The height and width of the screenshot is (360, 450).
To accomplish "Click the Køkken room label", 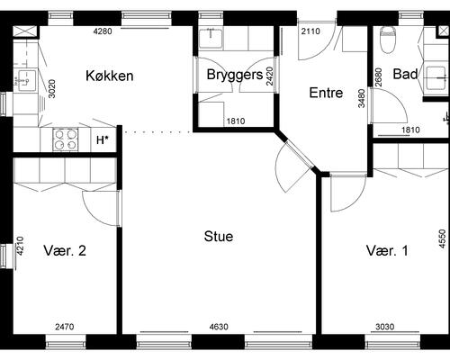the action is pyautogui.click(x=110, y=76).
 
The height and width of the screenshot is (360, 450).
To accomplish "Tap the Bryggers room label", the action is pyautogui.click(x=235, y=75).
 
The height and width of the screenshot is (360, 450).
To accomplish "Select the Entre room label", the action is pyautogui.click(x=326, y=93).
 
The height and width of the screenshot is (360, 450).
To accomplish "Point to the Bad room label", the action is pyautogui.click(x=405, y=74).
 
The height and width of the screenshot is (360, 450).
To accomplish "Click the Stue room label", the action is pyautogui.click(x=219, y=237).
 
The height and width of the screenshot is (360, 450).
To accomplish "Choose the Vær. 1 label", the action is pyautogui.click(x=387, y=250).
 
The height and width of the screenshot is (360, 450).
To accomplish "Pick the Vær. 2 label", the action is pyautogui.click(x=65, y=250).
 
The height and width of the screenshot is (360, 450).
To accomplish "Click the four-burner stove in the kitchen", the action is pyautogui.click(x=66, y=139).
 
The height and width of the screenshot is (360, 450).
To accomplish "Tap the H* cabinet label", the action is pyautogui.click(x=102, y=139).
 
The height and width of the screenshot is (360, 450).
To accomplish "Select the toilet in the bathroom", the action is pyautogui.click(x=388, y=40).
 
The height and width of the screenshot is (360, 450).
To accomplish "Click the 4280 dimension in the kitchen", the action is pyautogui.click(x=103, y=31).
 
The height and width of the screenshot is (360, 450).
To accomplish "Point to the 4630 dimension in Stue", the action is pyautogui.click(x=219, y=327).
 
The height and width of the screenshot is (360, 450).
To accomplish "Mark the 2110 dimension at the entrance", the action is pyautogui.click(x=310, y=31).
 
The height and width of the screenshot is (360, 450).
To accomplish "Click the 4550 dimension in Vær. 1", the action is pyautogui.click(x=442, y=238).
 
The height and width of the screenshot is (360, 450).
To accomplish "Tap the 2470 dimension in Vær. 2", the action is pyautogui.click(x=65, y=327).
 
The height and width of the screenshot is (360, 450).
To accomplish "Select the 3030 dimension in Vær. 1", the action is pyautogui.click(x=385, y=327).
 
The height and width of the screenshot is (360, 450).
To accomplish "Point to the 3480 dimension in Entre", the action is pyautogui.click(x=362, y=98).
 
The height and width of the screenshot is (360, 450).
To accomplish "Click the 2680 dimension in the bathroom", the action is pyautogui.click(x=379, y=77).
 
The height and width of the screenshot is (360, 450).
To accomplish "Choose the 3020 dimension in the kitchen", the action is pyautogui.click(x=51, y=88).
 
